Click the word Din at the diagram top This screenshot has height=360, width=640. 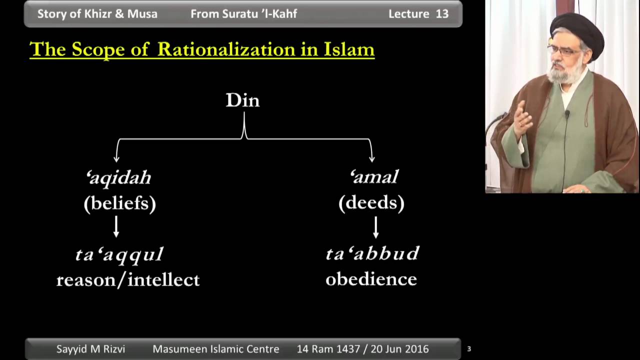point(243,100)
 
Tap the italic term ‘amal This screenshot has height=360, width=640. point(374,176)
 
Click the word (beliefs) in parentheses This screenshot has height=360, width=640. point(120,203)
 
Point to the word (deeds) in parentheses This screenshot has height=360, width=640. point(371,203)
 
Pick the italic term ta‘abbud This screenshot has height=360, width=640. point(372,253)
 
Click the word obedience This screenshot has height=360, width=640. point(371,279)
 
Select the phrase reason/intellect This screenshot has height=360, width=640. point(128,280)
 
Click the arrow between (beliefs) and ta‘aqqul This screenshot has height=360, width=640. point(116,226)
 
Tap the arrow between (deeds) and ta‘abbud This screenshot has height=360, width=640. point(376,227)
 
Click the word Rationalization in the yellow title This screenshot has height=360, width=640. point(226,49)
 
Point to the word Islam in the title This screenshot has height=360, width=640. point(349,49)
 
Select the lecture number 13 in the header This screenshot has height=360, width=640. point(442,14)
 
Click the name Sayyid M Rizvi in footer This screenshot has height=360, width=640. point(91,349)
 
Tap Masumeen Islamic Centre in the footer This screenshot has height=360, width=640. point(216,349)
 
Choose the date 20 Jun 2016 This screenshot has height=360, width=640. point(400,349)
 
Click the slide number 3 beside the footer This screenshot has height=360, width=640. point(469,349)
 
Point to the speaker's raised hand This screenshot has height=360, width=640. point(523,120)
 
